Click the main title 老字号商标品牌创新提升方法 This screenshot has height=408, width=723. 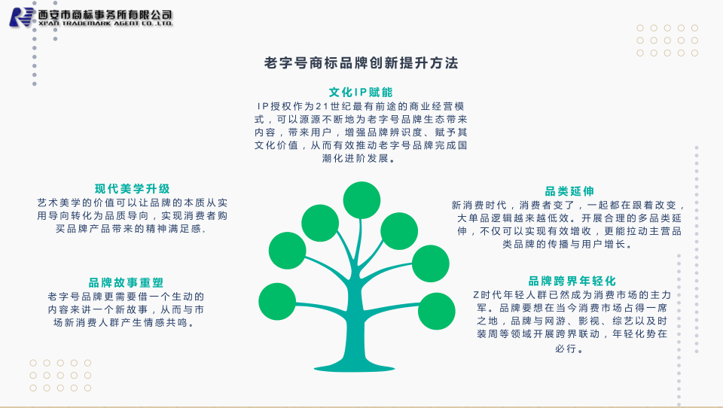(x=361, y=63)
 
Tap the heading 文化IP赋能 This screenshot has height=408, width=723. (x=361, y=92)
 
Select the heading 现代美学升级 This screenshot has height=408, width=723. (x=133, y=188)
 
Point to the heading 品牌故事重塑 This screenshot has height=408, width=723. (x=126, y=282)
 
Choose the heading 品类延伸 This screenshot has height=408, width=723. (x=569, y=191)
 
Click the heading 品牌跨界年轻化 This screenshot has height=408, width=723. (x=572, y=281)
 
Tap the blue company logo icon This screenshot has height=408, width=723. (x=22, y=17)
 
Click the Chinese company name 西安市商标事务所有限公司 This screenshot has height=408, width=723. (x=105, y=15)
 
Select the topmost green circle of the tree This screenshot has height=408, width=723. (x=361, y=200)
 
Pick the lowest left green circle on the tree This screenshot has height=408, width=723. (x=277, y=302)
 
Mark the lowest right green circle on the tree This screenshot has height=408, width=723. (x=436, y=311)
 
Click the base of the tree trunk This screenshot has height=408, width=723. (x=354, y=367)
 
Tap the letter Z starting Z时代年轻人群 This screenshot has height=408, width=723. (x=476, y=295)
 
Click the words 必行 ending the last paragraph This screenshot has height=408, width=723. (x=566, y=349)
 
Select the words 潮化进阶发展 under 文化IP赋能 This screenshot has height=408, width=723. (x=355, y=158)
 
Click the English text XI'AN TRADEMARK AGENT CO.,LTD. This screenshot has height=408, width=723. (x=105, y=23)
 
